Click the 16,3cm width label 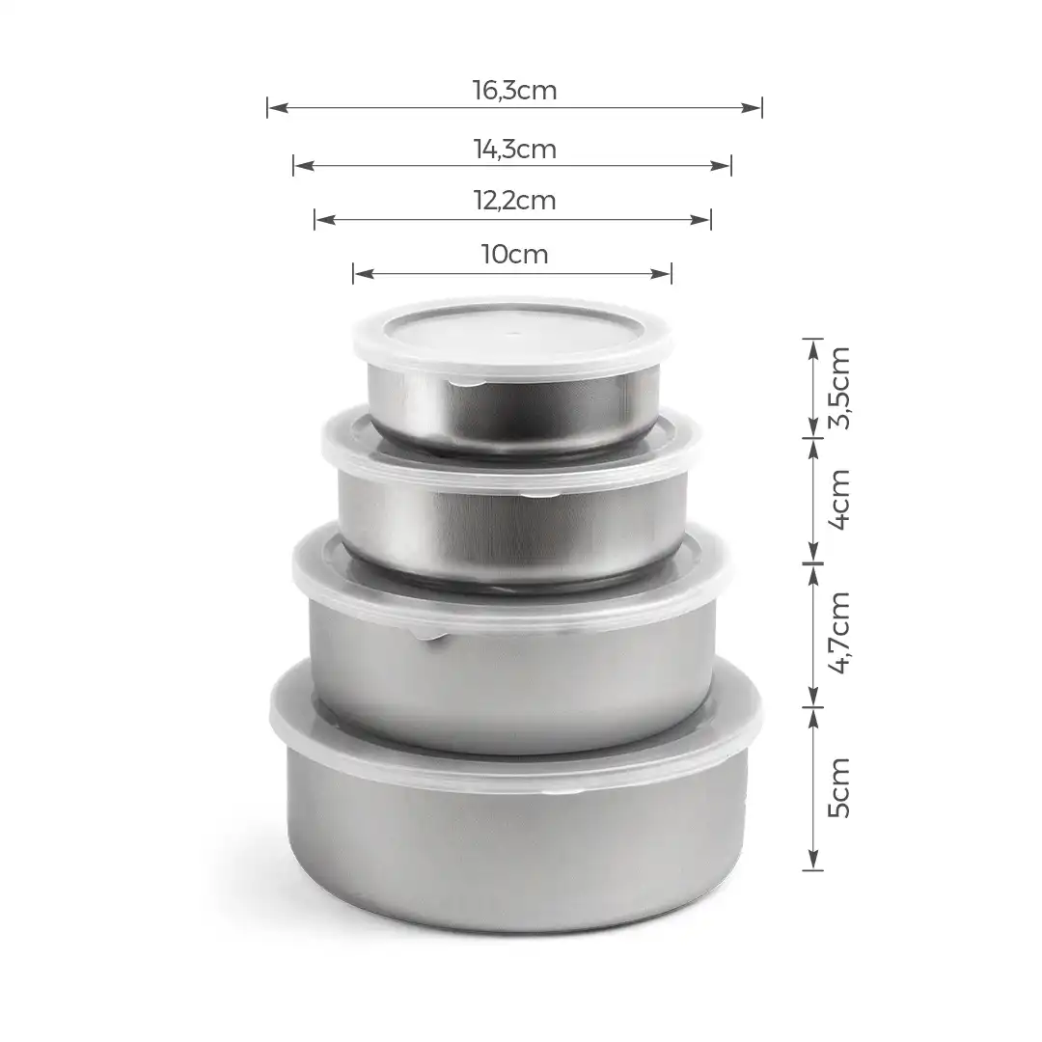pyautogui.click(x=514, y=91)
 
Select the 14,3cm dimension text pyautogui.click(x=514, y=150)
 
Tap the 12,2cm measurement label pyautogui.click(x=514, y=201)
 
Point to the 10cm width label pyautogui.click(x=514, y=255)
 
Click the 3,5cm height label pyautogui.click(x=839, y=387)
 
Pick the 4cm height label pyautogui.click(x=839, y=499)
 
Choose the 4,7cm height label pyautogui.click(x=839, y=633)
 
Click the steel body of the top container pyautogui.click(x=511, y=410)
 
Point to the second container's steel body pyautogui.click(x=511, y=531)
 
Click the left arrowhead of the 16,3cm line pyautogui.click(x=275, y=108)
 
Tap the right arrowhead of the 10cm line pyautogui.click(x=664, y=274)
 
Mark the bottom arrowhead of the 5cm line pyautogui.click(x=813, y=862)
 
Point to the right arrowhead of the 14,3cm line pyautogui.click(x=724, y=166)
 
